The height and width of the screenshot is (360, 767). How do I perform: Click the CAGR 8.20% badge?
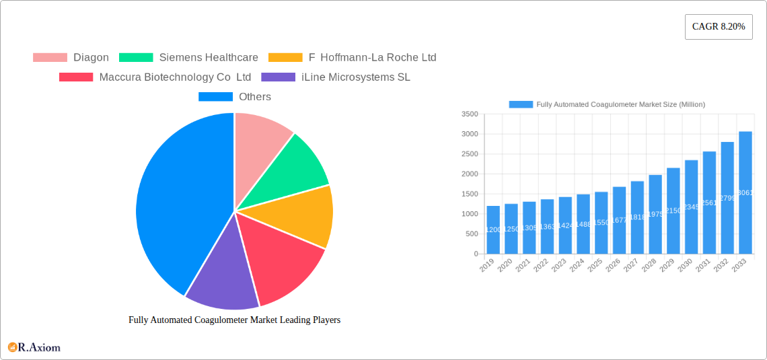(718, 27)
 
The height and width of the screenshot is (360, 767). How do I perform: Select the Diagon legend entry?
(71, 58)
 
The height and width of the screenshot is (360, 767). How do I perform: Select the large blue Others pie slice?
(175, 202)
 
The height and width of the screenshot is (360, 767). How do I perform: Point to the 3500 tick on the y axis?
(469, 114)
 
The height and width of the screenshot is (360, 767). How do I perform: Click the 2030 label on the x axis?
(684, 266)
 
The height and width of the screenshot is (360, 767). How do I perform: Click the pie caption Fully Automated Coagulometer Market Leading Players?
(234, 320)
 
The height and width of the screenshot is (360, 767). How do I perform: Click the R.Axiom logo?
(34, 347)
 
